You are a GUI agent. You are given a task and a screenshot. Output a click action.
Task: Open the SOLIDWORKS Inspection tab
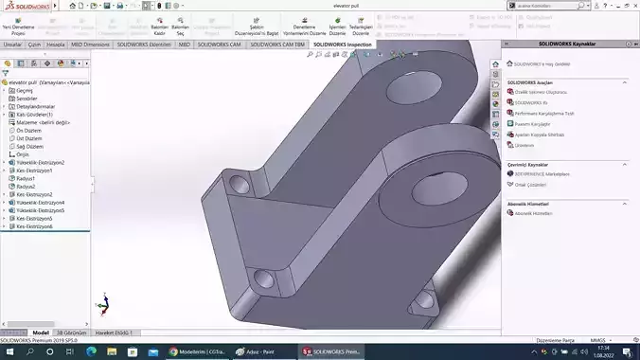(343, 44)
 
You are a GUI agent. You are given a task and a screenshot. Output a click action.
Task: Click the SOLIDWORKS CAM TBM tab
(281, 44)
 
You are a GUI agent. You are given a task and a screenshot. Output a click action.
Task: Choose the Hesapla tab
(56, 44)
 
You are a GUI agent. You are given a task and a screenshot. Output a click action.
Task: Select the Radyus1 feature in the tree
(26, 178)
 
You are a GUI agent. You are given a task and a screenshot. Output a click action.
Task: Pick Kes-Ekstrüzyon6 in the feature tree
(35, 226)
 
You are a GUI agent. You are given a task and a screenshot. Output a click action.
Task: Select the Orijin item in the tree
(24, 153)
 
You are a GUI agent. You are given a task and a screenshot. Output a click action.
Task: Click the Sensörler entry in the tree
(27, 98)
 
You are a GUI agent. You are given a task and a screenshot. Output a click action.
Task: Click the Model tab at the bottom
(41, 333)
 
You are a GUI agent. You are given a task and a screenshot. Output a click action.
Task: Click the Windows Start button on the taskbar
(9, 351)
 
